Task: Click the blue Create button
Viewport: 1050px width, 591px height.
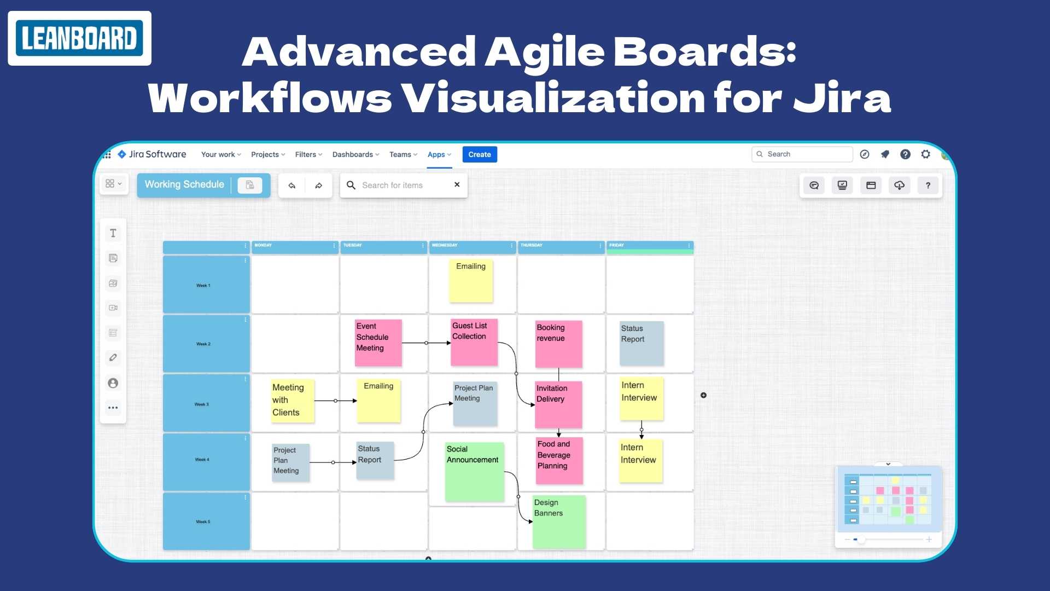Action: point(480,154)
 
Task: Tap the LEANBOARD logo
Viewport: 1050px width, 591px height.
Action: point(79,38)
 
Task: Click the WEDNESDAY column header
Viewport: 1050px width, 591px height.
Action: point(471,246)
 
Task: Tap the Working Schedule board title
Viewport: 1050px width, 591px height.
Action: point(184,185)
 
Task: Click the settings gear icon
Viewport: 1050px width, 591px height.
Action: point(925,154)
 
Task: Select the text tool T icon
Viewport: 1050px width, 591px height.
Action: point(113,233)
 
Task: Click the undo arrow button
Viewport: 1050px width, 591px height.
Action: point(292,186)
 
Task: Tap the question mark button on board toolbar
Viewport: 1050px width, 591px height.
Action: point(928,186)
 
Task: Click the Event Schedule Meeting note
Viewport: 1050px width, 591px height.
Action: point(378,343)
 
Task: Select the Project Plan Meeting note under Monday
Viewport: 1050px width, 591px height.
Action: point(291,462)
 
